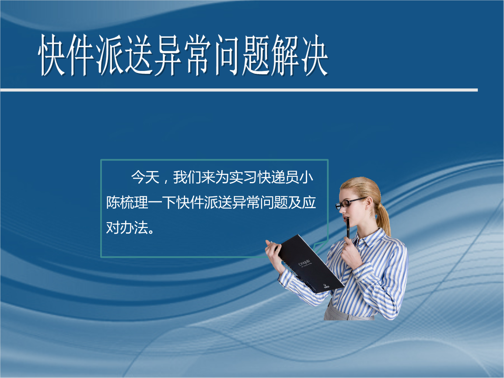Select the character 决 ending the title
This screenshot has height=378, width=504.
pyautogui.click(x=314, y=55)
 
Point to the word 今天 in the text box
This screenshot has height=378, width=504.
pyautogui.click(x=145, y=177)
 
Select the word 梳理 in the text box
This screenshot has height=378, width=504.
pyautogui.click(x=134, y=203)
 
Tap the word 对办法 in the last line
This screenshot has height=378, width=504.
pyautogui.click(x=127, y=227)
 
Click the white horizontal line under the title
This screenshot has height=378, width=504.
pyautogui.click(x=239, y=90)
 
